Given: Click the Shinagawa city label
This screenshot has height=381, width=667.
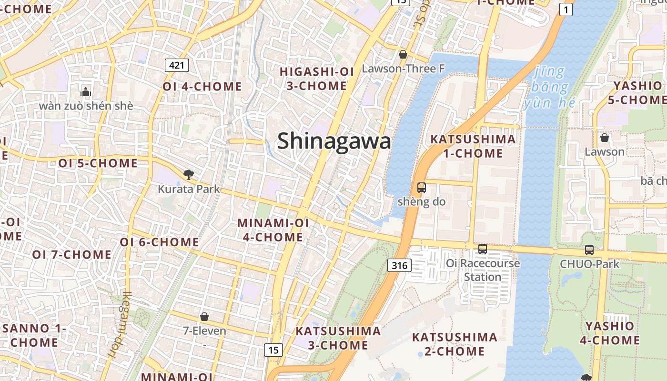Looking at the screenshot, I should point(334,141).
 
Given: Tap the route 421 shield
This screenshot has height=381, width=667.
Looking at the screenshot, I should point(177,65).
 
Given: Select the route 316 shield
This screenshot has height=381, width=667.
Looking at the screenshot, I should point(399,265).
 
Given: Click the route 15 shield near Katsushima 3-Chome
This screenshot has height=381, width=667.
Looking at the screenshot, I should point(273,350).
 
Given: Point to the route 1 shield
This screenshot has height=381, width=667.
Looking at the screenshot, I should point(566,10).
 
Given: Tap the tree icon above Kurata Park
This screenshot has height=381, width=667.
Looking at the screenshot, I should point(189,175).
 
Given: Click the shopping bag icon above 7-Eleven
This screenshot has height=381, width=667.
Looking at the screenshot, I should point(204,317).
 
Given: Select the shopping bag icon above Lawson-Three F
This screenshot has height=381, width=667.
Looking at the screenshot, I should point(403,55).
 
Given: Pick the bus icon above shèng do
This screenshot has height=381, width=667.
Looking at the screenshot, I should point(422,188).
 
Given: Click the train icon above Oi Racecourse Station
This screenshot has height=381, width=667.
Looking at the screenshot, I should point(483,249).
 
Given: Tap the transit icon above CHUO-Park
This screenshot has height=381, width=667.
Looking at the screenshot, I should point(589,250).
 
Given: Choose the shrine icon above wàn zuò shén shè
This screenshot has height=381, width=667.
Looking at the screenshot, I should point(86,91).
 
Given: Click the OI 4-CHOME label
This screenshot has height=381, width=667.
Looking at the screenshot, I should point(202,87).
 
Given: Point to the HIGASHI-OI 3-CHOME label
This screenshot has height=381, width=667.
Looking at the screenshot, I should point(317,79).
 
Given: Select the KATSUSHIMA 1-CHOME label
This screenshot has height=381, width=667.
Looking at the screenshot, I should point(466,146).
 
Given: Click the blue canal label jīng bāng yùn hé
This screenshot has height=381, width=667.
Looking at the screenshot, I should point(547,88).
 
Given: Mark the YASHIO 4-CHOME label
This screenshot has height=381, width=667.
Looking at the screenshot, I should point(610,333).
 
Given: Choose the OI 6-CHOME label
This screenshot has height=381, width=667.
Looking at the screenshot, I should point(159,242).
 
